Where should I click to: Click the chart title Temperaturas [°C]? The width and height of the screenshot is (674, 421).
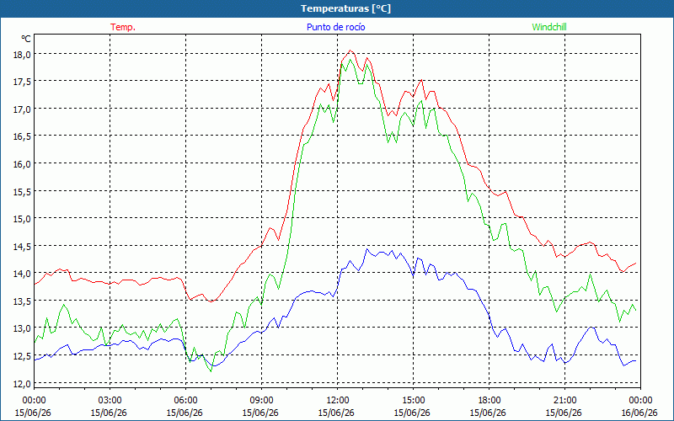[x=345, y=8]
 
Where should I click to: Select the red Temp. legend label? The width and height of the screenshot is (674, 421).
[x=123, y=27]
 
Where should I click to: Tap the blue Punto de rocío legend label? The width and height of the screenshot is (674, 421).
[x=335, y=27]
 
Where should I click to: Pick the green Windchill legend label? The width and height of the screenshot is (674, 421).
[x=549, y=27]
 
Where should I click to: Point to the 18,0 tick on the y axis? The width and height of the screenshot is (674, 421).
[x=22, y=54]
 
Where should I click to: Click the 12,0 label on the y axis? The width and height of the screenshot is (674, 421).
[x=22, y=383]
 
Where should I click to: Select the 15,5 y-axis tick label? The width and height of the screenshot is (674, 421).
[x=22, y=191]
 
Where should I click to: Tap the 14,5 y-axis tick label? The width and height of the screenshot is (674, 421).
[x=22, y=246]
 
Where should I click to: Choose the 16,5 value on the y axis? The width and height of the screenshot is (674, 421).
[x=22, y=136]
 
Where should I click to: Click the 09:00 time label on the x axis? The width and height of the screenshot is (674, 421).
[x=261, y=401]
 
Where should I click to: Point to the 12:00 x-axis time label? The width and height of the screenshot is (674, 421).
[x=338, y=401]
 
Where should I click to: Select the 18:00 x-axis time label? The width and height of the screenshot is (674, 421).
[x=489, y=401]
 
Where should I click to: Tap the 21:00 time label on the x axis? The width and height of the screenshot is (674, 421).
[x=564, y=401]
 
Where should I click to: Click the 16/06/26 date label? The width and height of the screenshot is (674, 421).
[x=639, y=413]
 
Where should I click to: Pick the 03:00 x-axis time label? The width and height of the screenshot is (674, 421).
[x=110, y=401]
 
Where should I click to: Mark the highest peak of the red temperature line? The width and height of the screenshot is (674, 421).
[x=350, y=51]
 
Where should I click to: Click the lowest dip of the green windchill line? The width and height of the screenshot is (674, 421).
[x=211, y=371]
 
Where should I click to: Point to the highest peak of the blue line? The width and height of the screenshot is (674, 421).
[x=366, y=248]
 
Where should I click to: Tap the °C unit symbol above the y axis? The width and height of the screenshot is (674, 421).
[x=26, y=39]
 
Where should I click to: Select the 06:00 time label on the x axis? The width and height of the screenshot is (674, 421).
[x=185, y=401]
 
